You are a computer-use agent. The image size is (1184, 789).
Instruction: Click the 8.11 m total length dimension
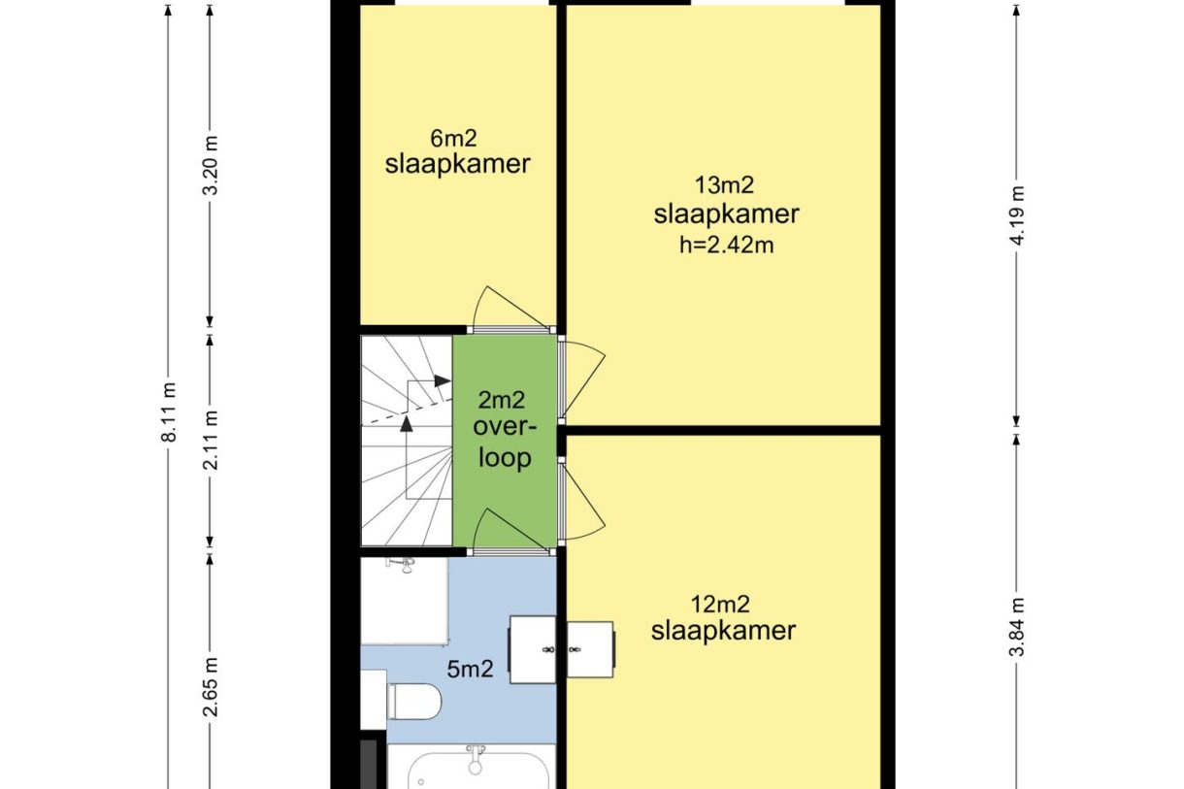point(169,412)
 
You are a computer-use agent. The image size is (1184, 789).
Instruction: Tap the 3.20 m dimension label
point(211,165)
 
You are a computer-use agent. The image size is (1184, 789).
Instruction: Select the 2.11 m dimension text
point(211,441)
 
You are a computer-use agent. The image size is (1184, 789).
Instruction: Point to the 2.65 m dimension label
point(211,687)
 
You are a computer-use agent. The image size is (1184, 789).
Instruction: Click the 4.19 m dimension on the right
point(1017,215)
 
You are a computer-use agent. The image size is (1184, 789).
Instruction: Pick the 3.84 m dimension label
point(1017,627)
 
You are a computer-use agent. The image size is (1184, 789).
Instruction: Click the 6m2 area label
point(453,139)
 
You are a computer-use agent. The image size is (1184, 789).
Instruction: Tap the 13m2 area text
point(724,185)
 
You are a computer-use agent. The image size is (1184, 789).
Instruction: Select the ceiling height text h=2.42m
point(726,246)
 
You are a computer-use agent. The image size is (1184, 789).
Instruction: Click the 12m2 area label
point(720,604)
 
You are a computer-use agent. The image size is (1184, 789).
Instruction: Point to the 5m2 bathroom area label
point(470,670)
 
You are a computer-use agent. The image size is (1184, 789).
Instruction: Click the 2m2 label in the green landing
point(502,400)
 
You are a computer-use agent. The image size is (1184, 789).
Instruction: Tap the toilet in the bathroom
point(413,702)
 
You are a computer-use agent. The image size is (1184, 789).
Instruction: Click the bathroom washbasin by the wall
point(532,649)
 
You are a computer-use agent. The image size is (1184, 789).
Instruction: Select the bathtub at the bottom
point(472,767)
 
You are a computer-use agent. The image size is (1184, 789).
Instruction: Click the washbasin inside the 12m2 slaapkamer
point(590,649)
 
